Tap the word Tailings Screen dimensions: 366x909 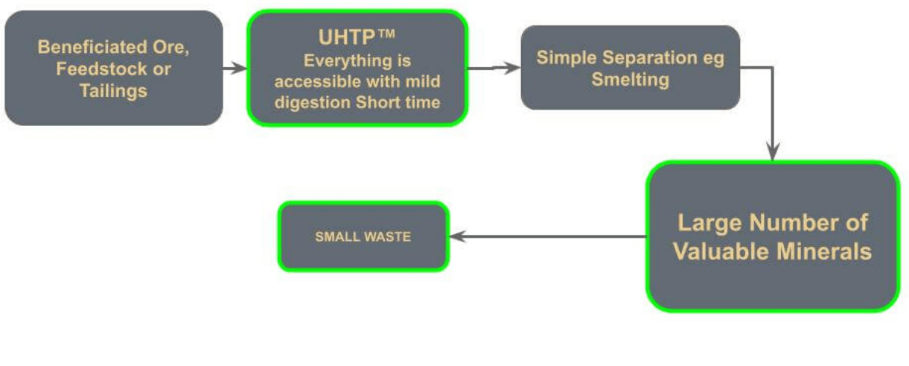coord(113,91)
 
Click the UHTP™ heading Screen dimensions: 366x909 coord(357,37)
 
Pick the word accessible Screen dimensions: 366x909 coord(318,81)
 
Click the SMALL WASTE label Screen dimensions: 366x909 coord(363,237)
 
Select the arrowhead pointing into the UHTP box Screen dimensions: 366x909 coord(239,69)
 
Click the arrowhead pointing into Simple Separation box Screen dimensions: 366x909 coord(513,68)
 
